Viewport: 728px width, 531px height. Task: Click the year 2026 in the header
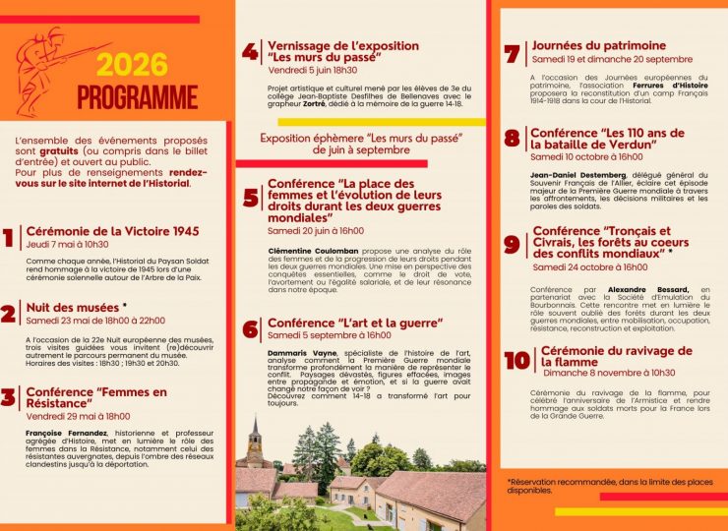(133, 65)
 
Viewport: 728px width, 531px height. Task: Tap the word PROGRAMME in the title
(137, 97)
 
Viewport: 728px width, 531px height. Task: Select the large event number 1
(9, 238)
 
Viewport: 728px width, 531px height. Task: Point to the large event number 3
(9, 398)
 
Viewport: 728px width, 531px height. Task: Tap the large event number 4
(250, 51)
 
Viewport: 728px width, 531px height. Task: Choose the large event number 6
(251, 329)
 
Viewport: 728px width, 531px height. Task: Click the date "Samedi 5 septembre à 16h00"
(330, 335)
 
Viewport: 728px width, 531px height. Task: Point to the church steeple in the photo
(256, 434)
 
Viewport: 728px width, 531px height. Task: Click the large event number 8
(512, 139)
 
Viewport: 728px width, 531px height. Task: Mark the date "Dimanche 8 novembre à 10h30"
(608, 373)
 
